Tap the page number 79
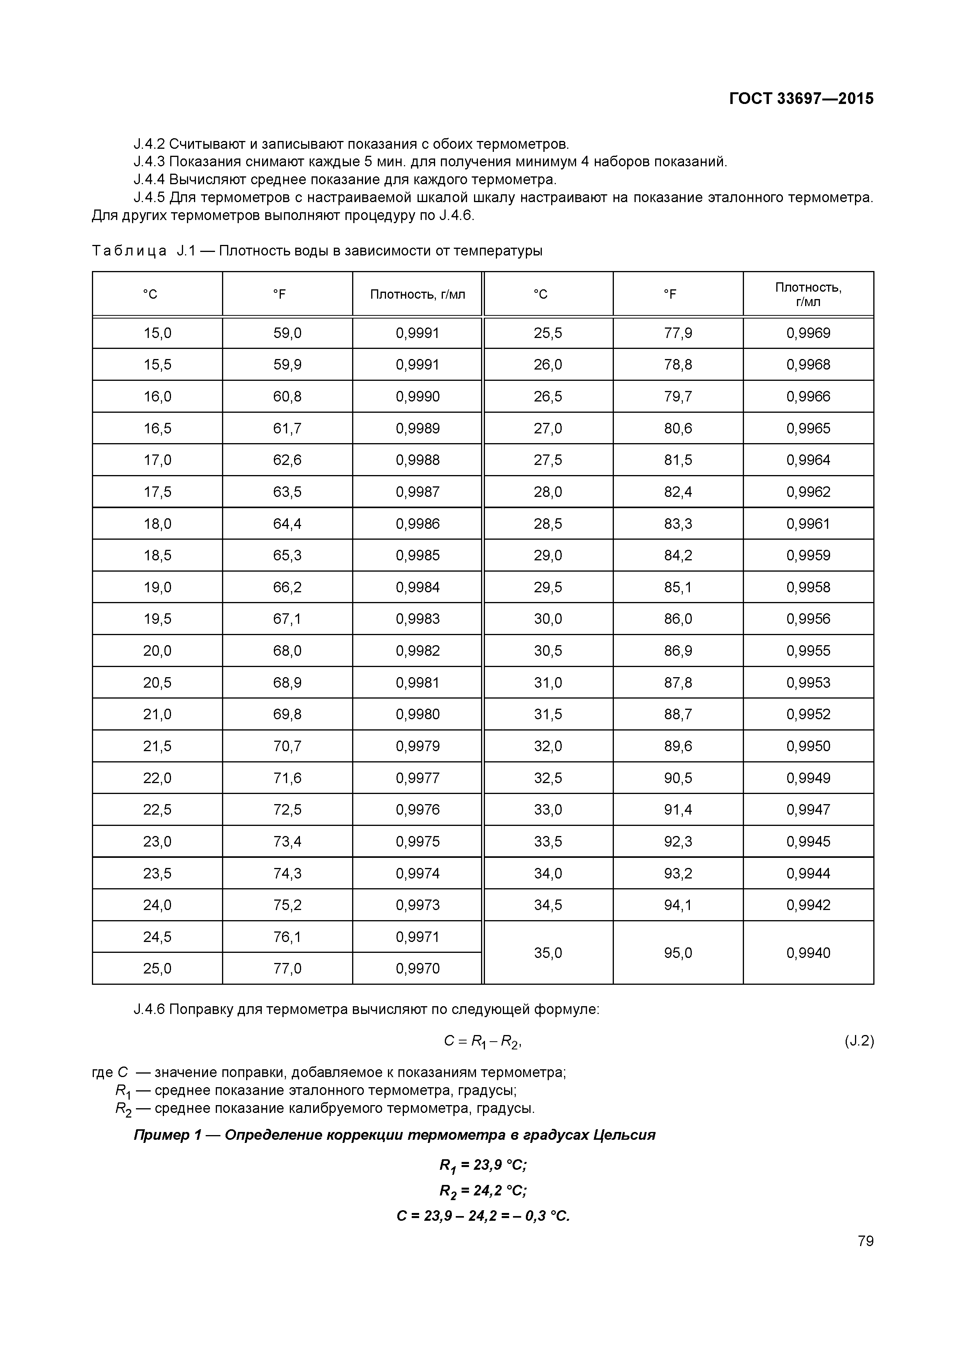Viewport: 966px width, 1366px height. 866,1241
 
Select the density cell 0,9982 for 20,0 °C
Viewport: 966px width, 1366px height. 417,651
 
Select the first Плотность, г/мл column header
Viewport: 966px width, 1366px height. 417,294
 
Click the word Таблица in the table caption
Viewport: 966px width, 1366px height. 129,251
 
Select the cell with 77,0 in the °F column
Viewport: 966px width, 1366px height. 287,968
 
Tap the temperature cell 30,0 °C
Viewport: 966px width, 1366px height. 548,619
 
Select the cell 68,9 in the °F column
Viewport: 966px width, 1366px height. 287,682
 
